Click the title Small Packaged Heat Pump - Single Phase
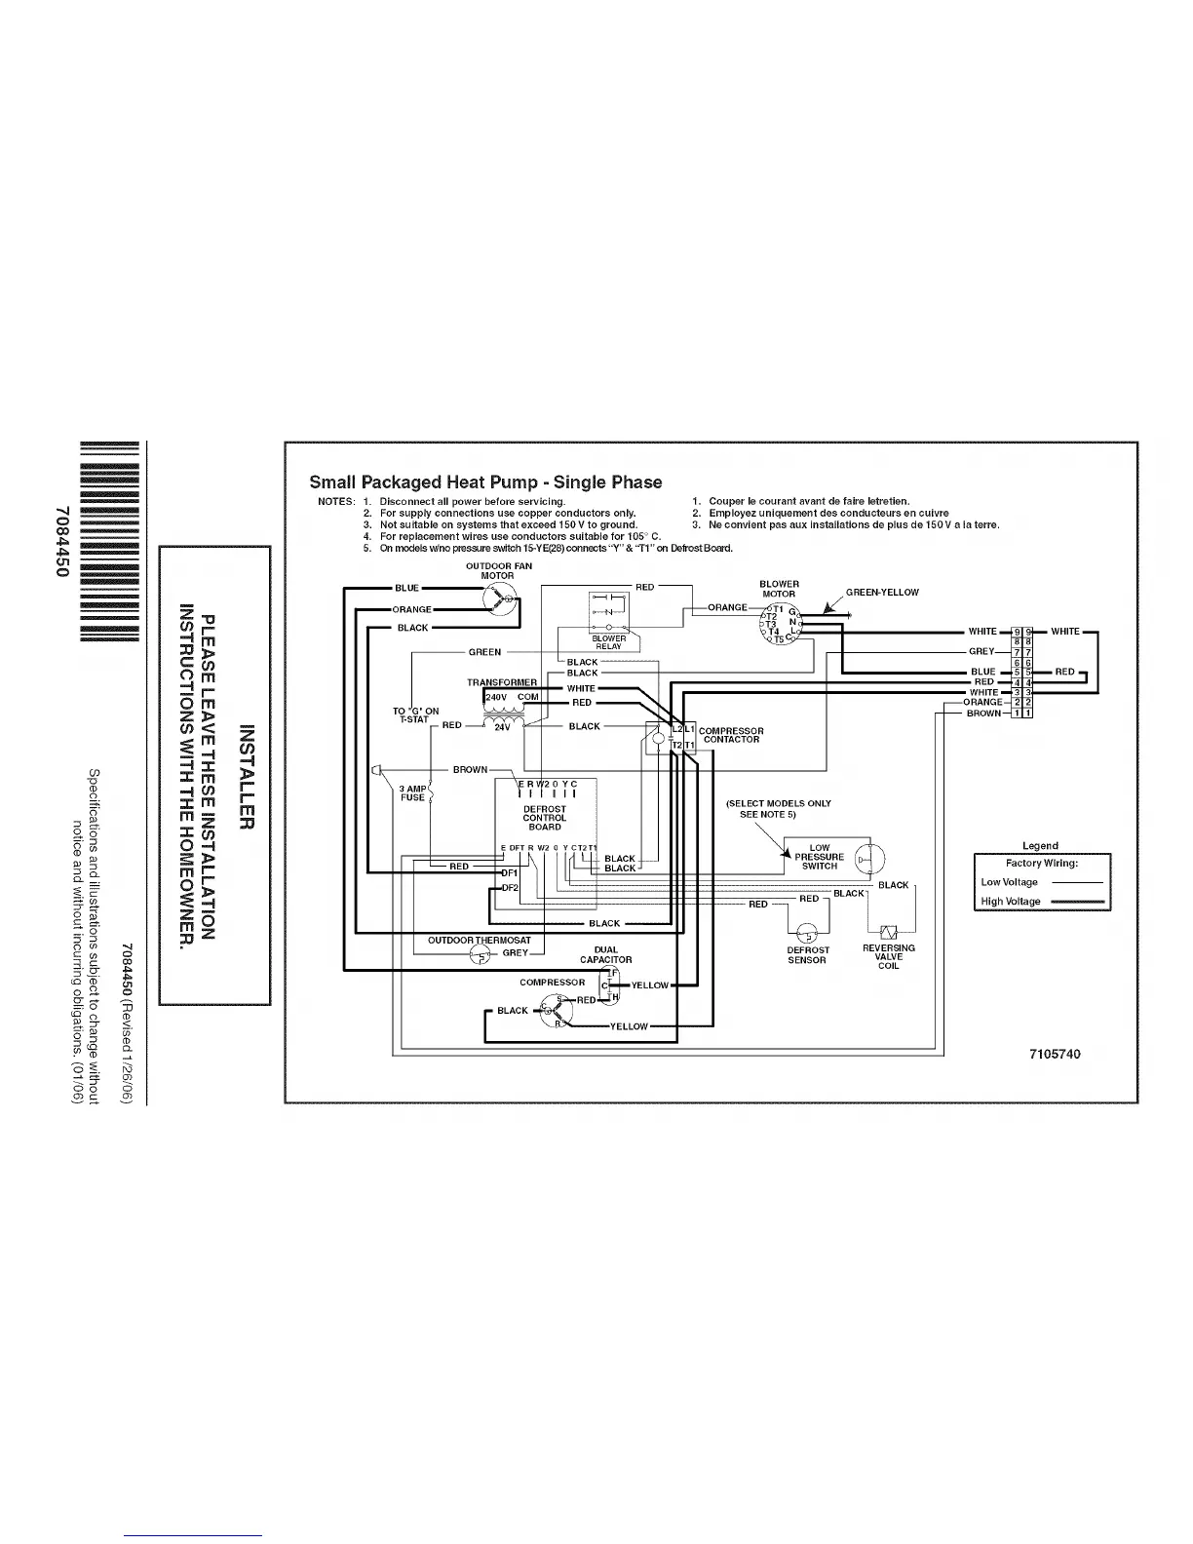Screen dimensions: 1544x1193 tap(485, 482)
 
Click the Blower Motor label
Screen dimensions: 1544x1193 tap(779, 589)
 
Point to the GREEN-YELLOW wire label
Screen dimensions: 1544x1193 tap(882, 592)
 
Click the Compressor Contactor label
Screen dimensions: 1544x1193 tap(731, 735)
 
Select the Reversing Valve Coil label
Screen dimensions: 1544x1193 tap(889, 956)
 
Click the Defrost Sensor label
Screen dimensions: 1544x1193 tap(807, 954)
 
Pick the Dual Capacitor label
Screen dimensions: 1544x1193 tap(606, 954)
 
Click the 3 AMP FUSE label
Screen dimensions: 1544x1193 tap(412, 793)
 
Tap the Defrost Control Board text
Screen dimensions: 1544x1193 tap(544, 818)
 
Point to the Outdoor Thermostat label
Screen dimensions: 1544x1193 tap(480, 941)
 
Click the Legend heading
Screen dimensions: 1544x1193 tap(1040, 846)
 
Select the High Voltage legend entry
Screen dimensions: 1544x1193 tap(1011, 902)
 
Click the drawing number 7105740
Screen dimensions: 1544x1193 tap(1055, 1055)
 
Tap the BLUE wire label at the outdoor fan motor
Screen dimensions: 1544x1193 tap(406, 588)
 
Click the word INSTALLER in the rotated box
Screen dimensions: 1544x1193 tap(246, 777)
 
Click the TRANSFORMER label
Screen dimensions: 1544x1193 tap(502, 682)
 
